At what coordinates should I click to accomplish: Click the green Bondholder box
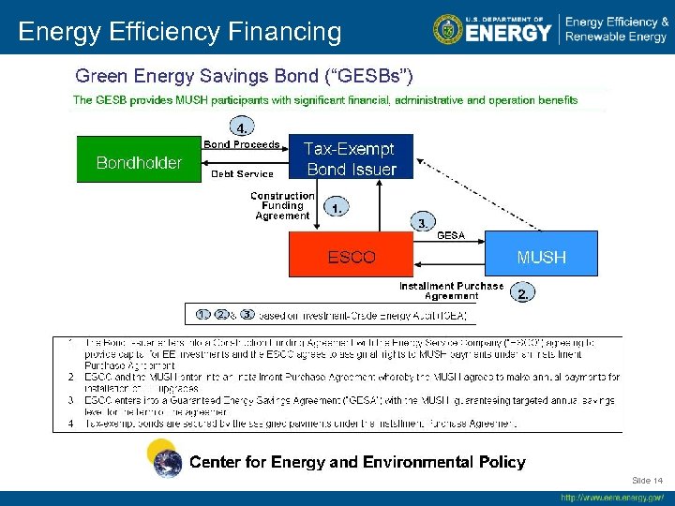pyautogui.click(x=139, y=161)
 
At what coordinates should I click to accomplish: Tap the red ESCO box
pyautogui.click(x=351, y=257)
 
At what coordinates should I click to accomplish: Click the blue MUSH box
pyautogui.click(x=541, y=257)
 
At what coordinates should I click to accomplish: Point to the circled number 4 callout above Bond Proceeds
pyautogui.click(x=243, y=126)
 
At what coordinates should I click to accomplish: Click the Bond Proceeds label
pyautogui.click(x=241, y=144)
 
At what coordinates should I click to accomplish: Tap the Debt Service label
pyautogui.click(x=242, y=173)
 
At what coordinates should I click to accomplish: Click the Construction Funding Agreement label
pyautogui.click(x=282, y=206)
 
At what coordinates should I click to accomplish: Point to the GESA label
pyautogui.click(x=452, y=235)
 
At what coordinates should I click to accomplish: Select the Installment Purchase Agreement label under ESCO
pyautogui.click(x=451, y=290)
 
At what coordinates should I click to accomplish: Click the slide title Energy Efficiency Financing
pyautogui.click(x=180, y=32)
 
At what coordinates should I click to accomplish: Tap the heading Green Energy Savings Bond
pyautogui.click(x=244, y=75)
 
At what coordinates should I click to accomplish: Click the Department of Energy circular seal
pyautogui.click(x=448, y=29)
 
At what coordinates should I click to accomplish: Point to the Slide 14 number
pyautogui.click(x=647, y=481)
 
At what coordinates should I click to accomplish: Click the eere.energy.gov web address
pyautogui.click(x=612, y=498)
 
